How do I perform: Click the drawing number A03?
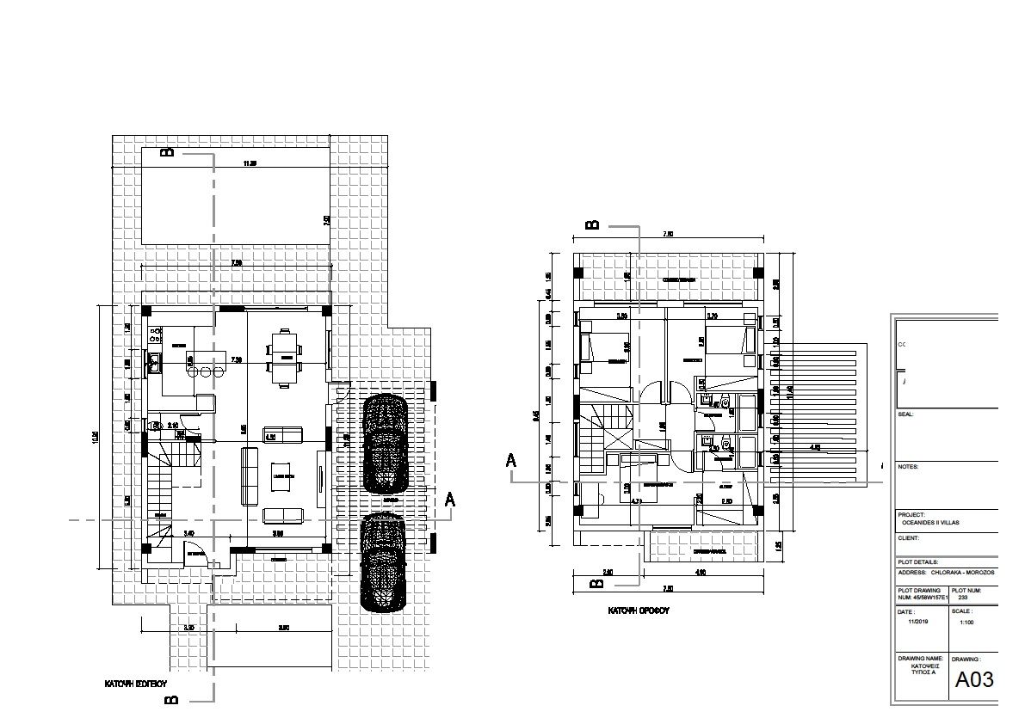974,679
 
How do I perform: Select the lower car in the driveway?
383,561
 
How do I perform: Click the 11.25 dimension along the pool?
250,163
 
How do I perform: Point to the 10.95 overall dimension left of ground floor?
96,439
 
